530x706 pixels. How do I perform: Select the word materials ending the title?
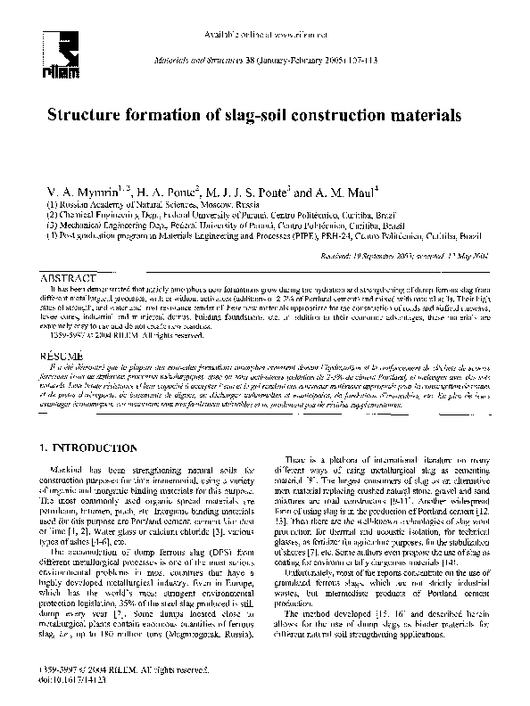pos(412,116)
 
